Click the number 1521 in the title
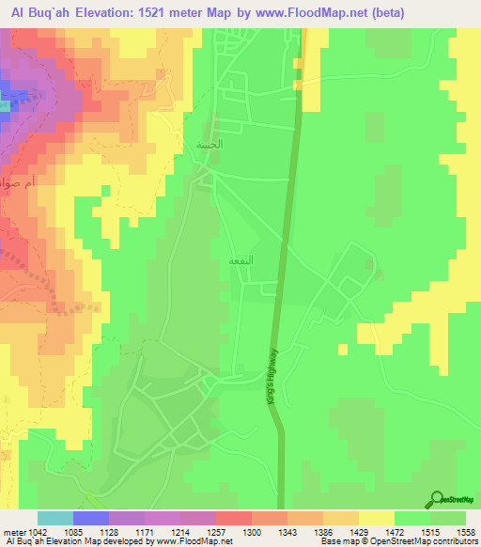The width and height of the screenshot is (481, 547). [171, 13]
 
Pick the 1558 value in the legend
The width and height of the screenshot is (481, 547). [461, 533]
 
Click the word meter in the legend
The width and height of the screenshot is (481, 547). [14, 533]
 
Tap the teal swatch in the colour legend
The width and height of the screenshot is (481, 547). [55, 518]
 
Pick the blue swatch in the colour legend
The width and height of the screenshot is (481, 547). [91, 518]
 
